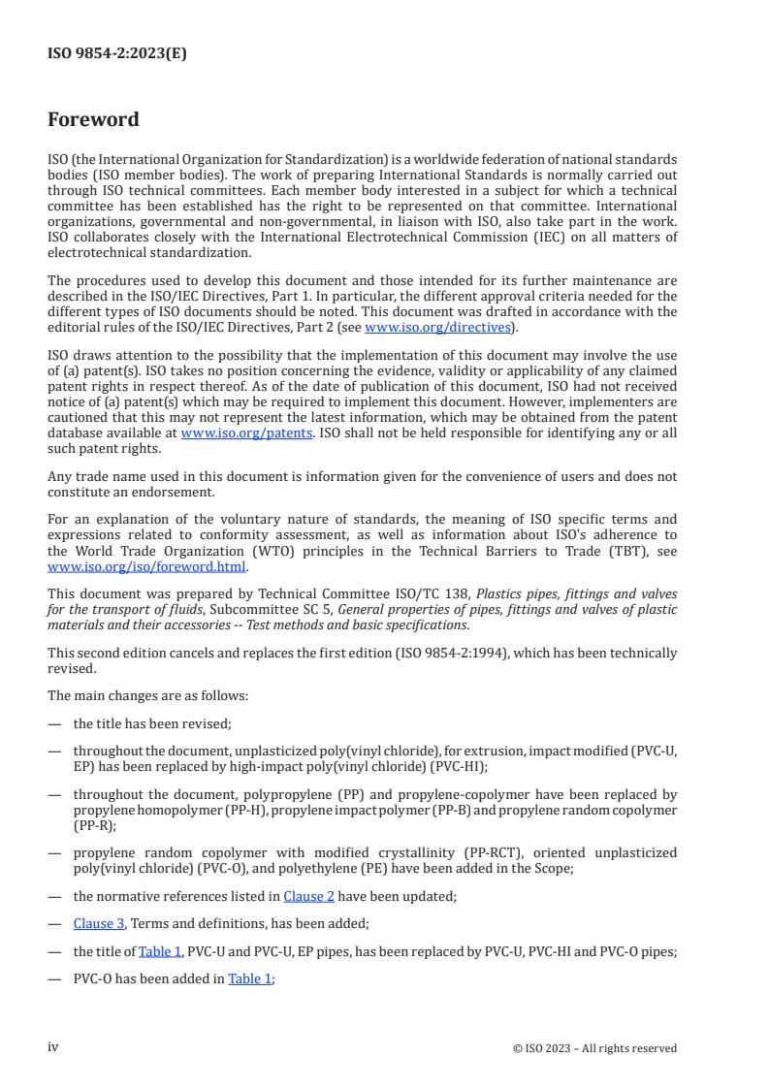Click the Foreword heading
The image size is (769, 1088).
pos(93,120)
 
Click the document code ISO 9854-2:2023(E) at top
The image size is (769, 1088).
pos(117,54)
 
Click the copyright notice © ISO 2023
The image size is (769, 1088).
pos(594,1048)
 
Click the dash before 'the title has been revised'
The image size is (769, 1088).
pos(54,724)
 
